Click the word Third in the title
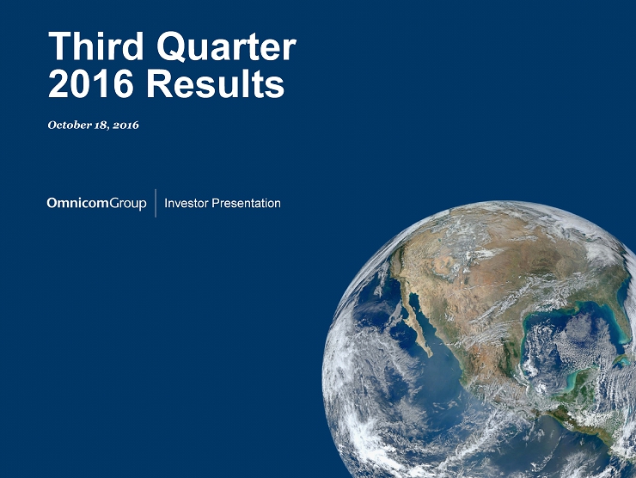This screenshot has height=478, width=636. pos(96,46)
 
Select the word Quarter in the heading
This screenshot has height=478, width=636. pos(226,47)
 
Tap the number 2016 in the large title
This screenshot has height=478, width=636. pos(91,83)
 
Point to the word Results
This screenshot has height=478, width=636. pos(216,83)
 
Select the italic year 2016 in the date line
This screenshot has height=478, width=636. pos(125,125)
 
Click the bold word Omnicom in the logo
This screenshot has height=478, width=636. pos(78,203)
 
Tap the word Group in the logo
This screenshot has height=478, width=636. pos(128,204)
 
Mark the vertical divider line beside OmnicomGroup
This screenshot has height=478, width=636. pos(156,203)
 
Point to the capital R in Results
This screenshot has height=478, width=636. pos(158,83)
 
